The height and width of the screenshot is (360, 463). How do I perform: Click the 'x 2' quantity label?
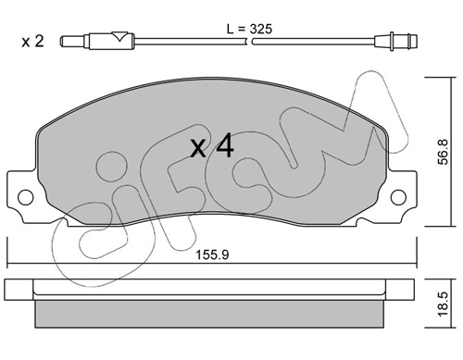(32, 42)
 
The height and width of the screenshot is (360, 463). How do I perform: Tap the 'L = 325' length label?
(249, 30)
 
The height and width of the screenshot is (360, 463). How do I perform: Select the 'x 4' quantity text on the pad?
(212, 146)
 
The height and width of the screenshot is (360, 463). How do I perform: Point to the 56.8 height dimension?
(443, 152)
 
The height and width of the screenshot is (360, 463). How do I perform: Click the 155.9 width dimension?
(212, 254)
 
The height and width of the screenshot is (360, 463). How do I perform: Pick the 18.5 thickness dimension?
(443, 304)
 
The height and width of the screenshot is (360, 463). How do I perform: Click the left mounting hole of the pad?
(25, 197)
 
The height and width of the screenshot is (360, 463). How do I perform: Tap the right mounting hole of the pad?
(398, 197)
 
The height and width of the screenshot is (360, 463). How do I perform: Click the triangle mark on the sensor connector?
(119, 37)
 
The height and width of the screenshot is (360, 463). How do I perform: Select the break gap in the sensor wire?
(250, 42)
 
